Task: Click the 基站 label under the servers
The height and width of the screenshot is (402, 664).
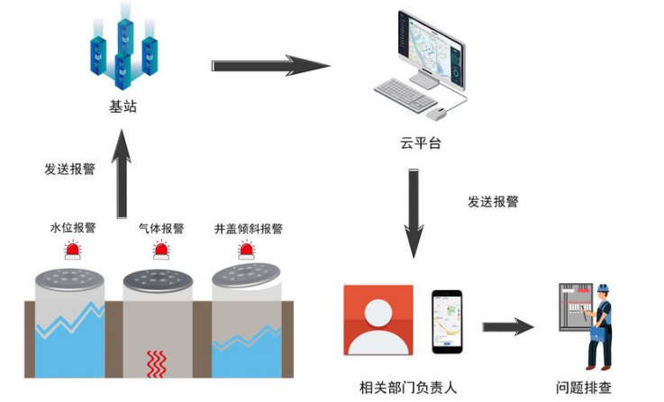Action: coord(123,107)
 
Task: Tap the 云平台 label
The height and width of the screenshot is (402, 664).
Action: coord(421,143)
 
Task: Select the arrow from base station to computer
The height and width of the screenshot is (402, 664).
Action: coord(269,66)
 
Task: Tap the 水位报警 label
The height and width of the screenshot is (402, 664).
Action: coord(73,229)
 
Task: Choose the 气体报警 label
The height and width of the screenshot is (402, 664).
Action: coord(161,229)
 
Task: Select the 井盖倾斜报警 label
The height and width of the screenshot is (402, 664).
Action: coord(249,229)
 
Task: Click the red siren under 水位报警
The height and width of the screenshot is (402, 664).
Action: coord(72,250)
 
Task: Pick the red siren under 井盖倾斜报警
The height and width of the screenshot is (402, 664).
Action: coord(246,250)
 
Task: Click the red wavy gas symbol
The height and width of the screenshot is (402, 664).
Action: coord(157,363)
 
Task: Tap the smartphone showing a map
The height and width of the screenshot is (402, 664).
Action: coord(446,322)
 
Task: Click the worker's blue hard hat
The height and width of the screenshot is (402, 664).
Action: coord(603,289)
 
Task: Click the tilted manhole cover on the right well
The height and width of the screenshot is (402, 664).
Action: coord(246,275)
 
